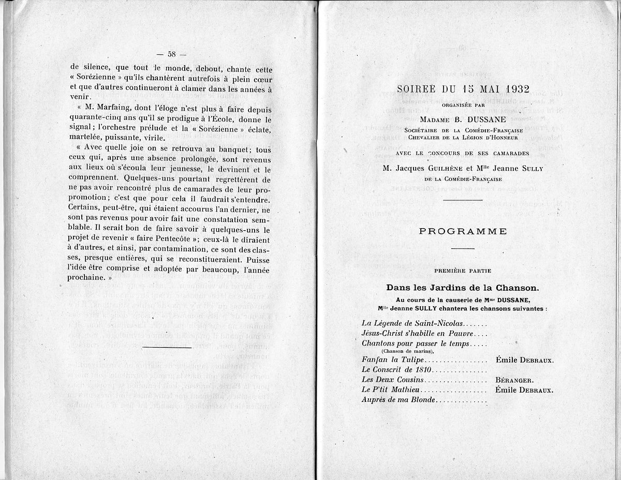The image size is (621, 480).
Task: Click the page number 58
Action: tap(172, 54)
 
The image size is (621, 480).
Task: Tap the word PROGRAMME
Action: tap(463, 231)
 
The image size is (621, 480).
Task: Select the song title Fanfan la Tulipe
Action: tap(386, 359)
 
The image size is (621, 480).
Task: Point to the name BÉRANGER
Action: tap(515, 380)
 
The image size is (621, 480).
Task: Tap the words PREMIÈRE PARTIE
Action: tap(463, 271)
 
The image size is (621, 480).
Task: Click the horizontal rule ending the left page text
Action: tap(166, 347)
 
